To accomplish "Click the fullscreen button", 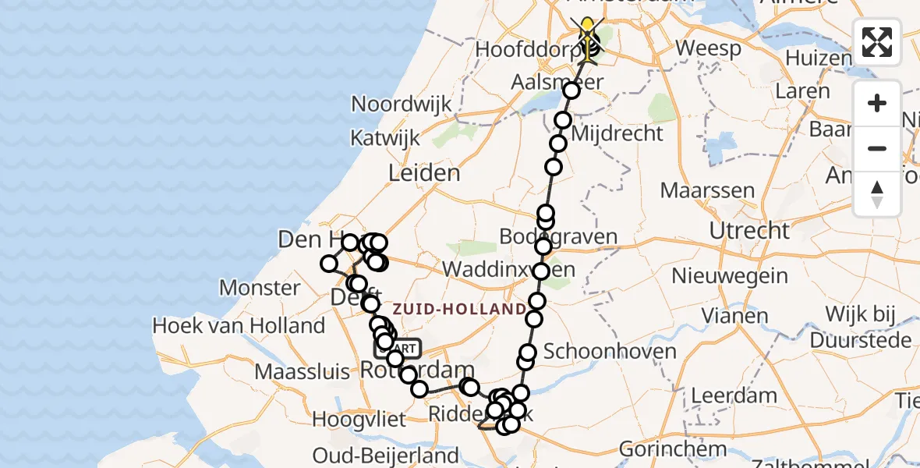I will coord(877,42).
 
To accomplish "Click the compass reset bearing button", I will coord(877,194).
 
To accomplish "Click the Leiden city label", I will coord(424,172).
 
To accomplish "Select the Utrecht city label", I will coord(749,230).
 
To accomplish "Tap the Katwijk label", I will coord(385,139).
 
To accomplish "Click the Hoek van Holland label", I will coord(239,325).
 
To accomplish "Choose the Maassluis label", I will coord(303,371).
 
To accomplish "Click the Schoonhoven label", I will coord(610,351).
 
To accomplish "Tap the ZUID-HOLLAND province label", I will coord(458,309).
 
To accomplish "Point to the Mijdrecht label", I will coord(617,133).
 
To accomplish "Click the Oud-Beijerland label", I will coord(385,455).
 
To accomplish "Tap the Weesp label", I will coord(708,48).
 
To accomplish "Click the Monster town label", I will coord(260,288).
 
